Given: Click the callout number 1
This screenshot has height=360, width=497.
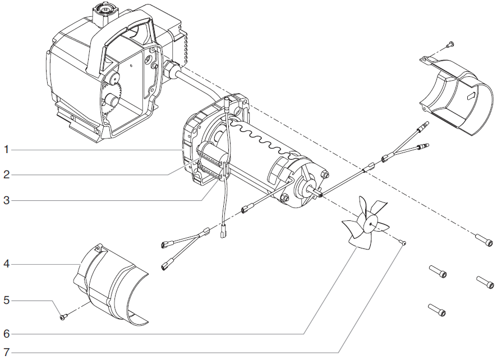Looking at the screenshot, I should click(6, 150).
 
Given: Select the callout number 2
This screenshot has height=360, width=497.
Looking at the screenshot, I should click(6, 175).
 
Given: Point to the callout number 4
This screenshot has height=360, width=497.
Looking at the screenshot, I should click(6, 264).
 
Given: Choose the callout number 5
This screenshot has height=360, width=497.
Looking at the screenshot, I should click(6, 301).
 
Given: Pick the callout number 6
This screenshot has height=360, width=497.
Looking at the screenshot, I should click(6, 334).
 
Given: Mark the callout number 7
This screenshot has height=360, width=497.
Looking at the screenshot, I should click(6, 353).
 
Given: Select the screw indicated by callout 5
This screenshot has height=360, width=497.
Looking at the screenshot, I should click(63, 317).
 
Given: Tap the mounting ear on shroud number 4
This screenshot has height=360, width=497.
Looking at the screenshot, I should click(99, 248).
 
